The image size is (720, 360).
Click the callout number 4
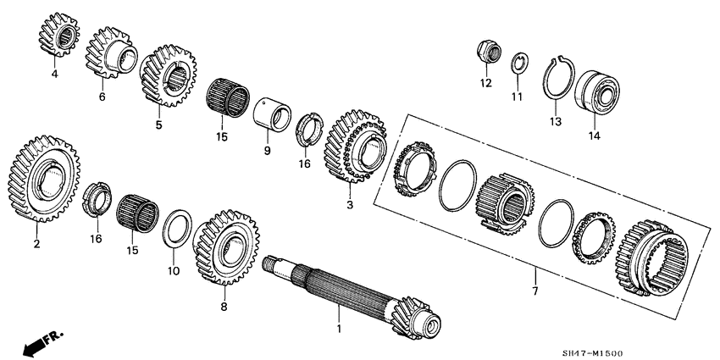[54, 75]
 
